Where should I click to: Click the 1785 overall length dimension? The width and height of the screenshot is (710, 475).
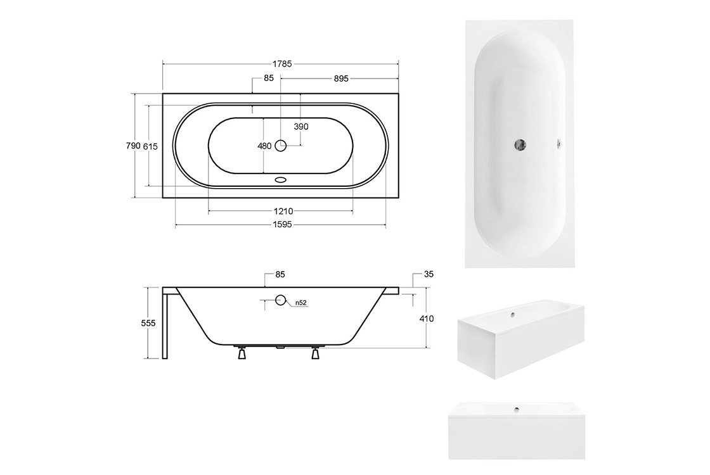282,64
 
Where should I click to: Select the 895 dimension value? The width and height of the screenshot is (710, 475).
341,79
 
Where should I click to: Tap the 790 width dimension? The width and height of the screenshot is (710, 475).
133,146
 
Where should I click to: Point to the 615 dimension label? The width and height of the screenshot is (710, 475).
150,146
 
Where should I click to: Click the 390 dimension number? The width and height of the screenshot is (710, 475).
301,127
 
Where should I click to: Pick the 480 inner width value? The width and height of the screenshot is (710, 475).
264,146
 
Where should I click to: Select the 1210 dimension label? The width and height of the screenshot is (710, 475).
283,212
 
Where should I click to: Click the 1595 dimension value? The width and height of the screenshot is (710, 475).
282,224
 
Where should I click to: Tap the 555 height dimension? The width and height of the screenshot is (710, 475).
148,323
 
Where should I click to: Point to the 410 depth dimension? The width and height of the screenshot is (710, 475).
427,319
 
